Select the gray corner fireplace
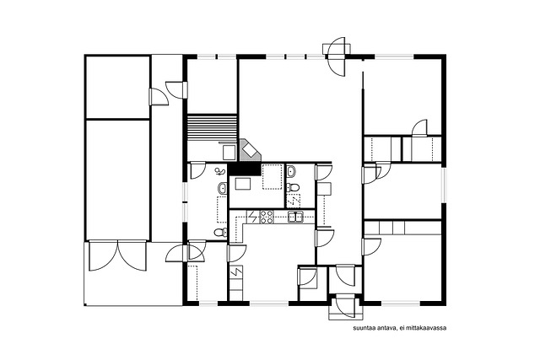(251, 150)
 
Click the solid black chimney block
(244, 169)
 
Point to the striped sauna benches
(212, 127)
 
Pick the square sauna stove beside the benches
(229, 153)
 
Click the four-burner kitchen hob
(267, 217)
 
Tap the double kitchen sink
(295, 218)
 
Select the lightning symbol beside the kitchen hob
(252, 217)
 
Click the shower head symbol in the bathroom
(219, 171)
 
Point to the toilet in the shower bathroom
(221, 233)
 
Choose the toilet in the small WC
(293, 187)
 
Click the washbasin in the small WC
(291, 170)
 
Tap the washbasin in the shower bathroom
(223, 188)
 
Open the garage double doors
(118, 255)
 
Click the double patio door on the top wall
(336, 56)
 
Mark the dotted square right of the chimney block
(273, 176)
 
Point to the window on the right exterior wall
(444, 185)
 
